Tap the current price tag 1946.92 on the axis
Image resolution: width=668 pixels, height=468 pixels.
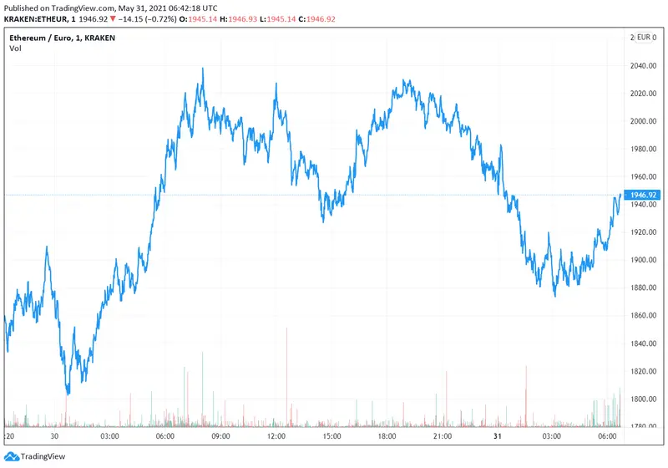coord(646,195)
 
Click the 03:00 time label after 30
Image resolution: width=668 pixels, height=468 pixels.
coord(109,436)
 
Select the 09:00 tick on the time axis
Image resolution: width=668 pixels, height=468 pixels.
coord(220,436)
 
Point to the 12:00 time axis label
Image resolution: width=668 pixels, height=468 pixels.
coord(276,436)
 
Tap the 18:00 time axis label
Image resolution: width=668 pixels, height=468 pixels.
coord(387,436)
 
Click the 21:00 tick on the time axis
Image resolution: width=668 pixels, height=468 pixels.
coord(443,436)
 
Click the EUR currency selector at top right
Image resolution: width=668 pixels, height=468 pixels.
coord(646,38)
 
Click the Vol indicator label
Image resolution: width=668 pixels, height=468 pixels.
coord(15,48)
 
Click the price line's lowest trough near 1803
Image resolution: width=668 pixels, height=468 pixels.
coord(68,393)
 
